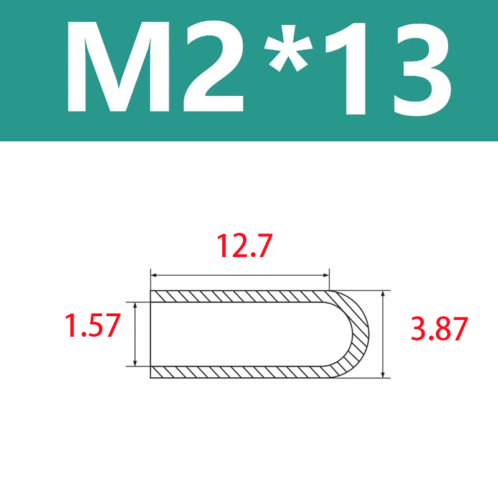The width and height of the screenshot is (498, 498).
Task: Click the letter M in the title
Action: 118,67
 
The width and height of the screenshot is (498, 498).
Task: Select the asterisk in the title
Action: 288,47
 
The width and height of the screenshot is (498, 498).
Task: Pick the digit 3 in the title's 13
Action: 422,68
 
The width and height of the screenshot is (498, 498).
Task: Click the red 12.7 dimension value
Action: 244,245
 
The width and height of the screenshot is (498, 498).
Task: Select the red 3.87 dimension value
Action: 439,329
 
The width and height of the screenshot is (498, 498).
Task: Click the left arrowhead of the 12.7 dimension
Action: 154,275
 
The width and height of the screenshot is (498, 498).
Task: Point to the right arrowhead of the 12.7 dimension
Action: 326,275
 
